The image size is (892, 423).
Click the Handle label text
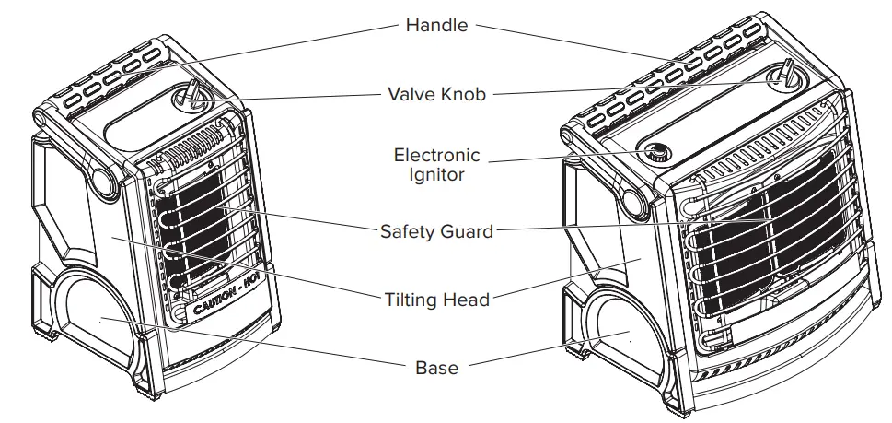tap(436, 25)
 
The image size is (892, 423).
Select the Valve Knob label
tap(436, 93)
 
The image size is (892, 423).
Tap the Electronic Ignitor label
tap(436, 163)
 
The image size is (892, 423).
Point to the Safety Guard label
tap(436, 231)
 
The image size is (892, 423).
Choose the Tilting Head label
tap(436, 299)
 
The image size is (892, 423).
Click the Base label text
tap(436, 367)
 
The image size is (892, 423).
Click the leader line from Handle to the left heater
tap(276, 44)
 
